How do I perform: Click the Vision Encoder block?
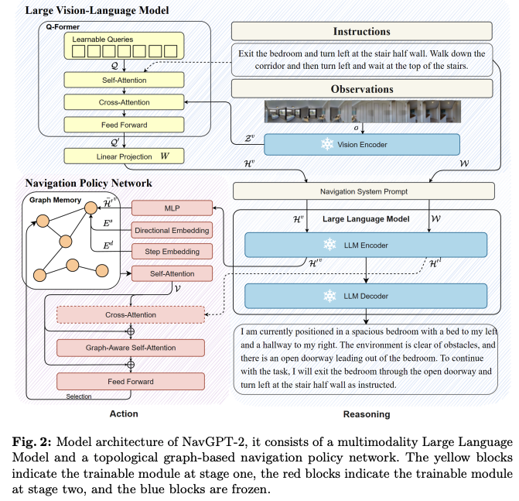[x=362, y=145]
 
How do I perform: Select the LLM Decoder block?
[x=366, y=296]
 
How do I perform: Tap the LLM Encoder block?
[x=366, y=245]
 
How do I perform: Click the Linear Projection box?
[x=124, y=156]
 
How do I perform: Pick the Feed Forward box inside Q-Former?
[x=124, y=125]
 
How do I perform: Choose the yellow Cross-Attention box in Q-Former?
[x=124, y=102]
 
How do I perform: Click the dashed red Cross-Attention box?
[x=131, y=315]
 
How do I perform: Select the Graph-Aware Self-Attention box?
[x=131, y=348]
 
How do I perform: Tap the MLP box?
[x=172, y=208]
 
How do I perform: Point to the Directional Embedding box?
[x=172, y=230]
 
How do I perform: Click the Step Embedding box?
[x=172, y=252]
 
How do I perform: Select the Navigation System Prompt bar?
[x=364, y=191]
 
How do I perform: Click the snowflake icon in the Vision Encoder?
[x=327, y=145]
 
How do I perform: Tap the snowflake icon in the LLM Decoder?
[x=329, y=296]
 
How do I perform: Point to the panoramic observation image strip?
[x=363, y=112]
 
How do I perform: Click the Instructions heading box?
[x=362, y=31]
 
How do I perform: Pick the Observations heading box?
[x=362, y=89]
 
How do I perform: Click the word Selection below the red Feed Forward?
[x=79, y=396]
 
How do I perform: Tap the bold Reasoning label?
[x=367, y=414]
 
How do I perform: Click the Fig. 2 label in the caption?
[x=32, y=442]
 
